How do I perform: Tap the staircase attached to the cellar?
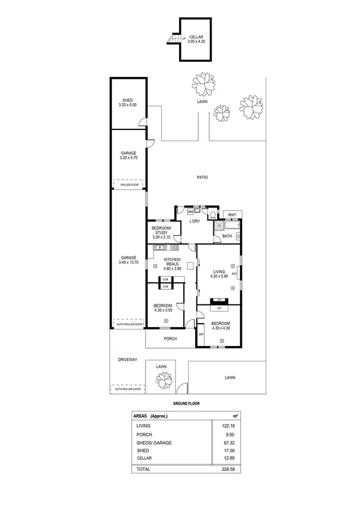click(173, 40)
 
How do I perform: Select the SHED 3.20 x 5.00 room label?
click(127, 103)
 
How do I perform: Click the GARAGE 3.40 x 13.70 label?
click(128, 260)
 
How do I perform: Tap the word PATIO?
click(202, 177)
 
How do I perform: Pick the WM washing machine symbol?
click(191, 212)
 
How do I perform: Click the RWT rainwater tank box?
click(231, 215)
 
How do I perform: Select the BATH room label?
click(227, 236)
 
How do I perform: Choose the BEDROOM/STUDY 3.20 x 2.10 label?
click(162, 234)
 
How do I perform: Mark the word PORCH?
click(170, 339)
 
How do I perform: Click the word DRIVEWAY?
click(127, 360)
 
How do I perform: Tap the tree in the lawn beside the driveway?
click(162, 379)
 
